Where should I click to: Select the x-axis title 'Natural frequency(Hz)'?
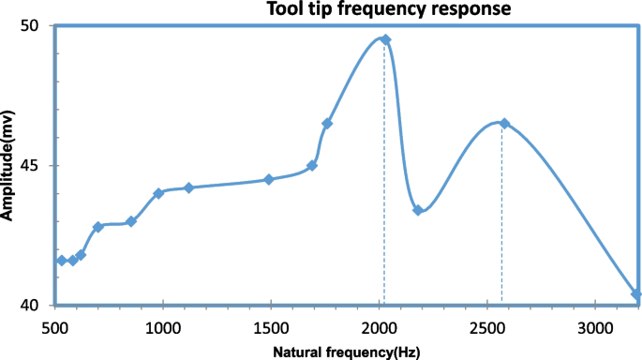click(x=347, y=352)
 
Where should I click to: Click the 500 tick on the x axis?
click(x=54, y=328)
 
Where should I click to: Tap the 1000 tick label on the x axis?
click(x=163, y=328)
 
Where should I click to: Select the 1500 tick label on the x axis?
click(x=271, y=328)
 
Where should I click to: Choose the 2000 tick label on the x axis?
click(x=379, y=328)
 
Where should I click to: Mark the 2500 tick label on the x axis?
click(x=486, y=328)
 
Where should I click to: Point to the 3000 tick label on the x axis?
click(x=594, y=328)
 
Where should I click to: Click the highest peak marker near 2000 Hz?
click(x=385, y=39)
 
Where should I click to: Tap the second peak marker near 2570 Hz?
click(x=504, y=124)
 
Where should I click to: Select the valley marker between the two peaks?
click(x=418, y=210)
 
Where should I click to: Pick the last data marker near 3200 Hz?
click(x=636, y=294)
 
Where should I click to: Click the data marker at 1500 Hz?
click(x=269, y=179)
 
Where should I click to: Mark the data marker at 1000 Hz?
click(x=158, y=193)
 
